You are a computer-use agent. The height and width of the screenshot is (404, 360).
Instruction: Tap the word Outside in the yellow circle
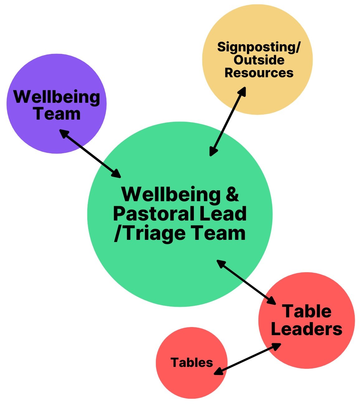tap(259, 60)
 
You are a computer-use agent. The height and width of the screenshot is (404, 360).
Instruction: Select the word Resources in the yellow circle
tap(259, 73)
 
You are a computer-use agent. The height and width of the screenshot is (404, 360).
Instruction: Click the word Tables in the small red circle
tap(192, 363)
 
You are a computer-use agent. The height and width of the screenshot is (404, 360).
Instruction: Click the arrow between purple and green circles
tap(90, 154)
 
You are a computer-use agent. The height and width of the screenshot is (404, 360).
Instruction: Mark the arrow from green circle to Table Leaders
tap(246, 282)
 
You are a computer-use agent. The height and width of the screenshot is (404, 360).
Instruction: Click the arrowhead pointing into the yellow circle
tap(242, 91)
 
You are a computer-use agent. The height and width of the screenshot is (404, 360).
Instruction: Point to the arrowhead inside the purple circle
tap(64, 133)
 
